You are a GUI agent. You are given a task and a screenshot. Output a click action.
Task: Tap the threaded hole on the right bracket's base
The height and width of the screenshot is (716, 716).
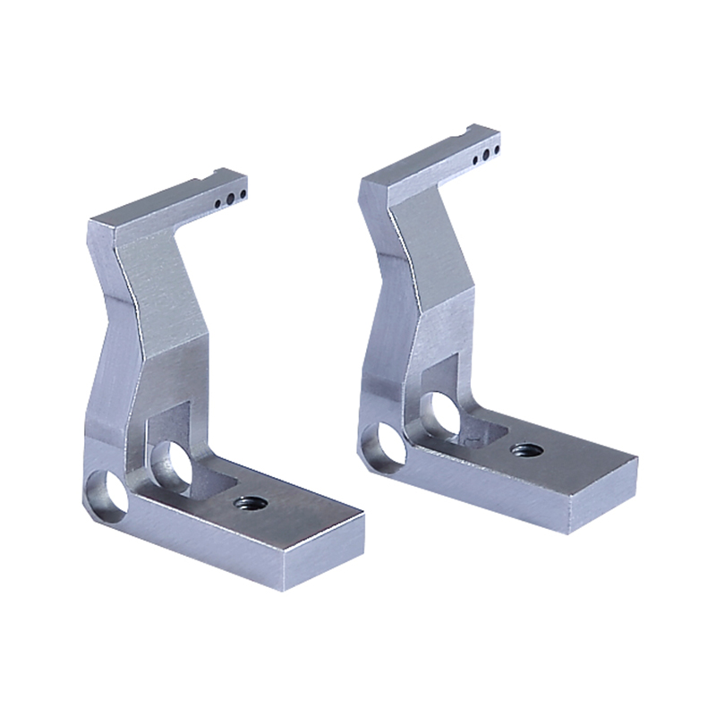521,448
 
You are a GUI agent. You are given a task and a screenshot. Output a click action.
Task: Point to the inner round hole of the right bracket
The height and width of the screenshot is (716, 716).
442,413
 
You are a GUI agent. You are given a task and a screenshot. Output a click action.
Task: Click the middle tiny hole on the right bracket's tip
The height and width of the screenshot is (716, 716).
485,155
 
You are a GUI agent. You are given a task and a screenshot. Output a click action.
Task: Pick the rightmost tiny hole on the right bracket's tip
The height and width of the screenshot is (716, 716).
495,150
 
